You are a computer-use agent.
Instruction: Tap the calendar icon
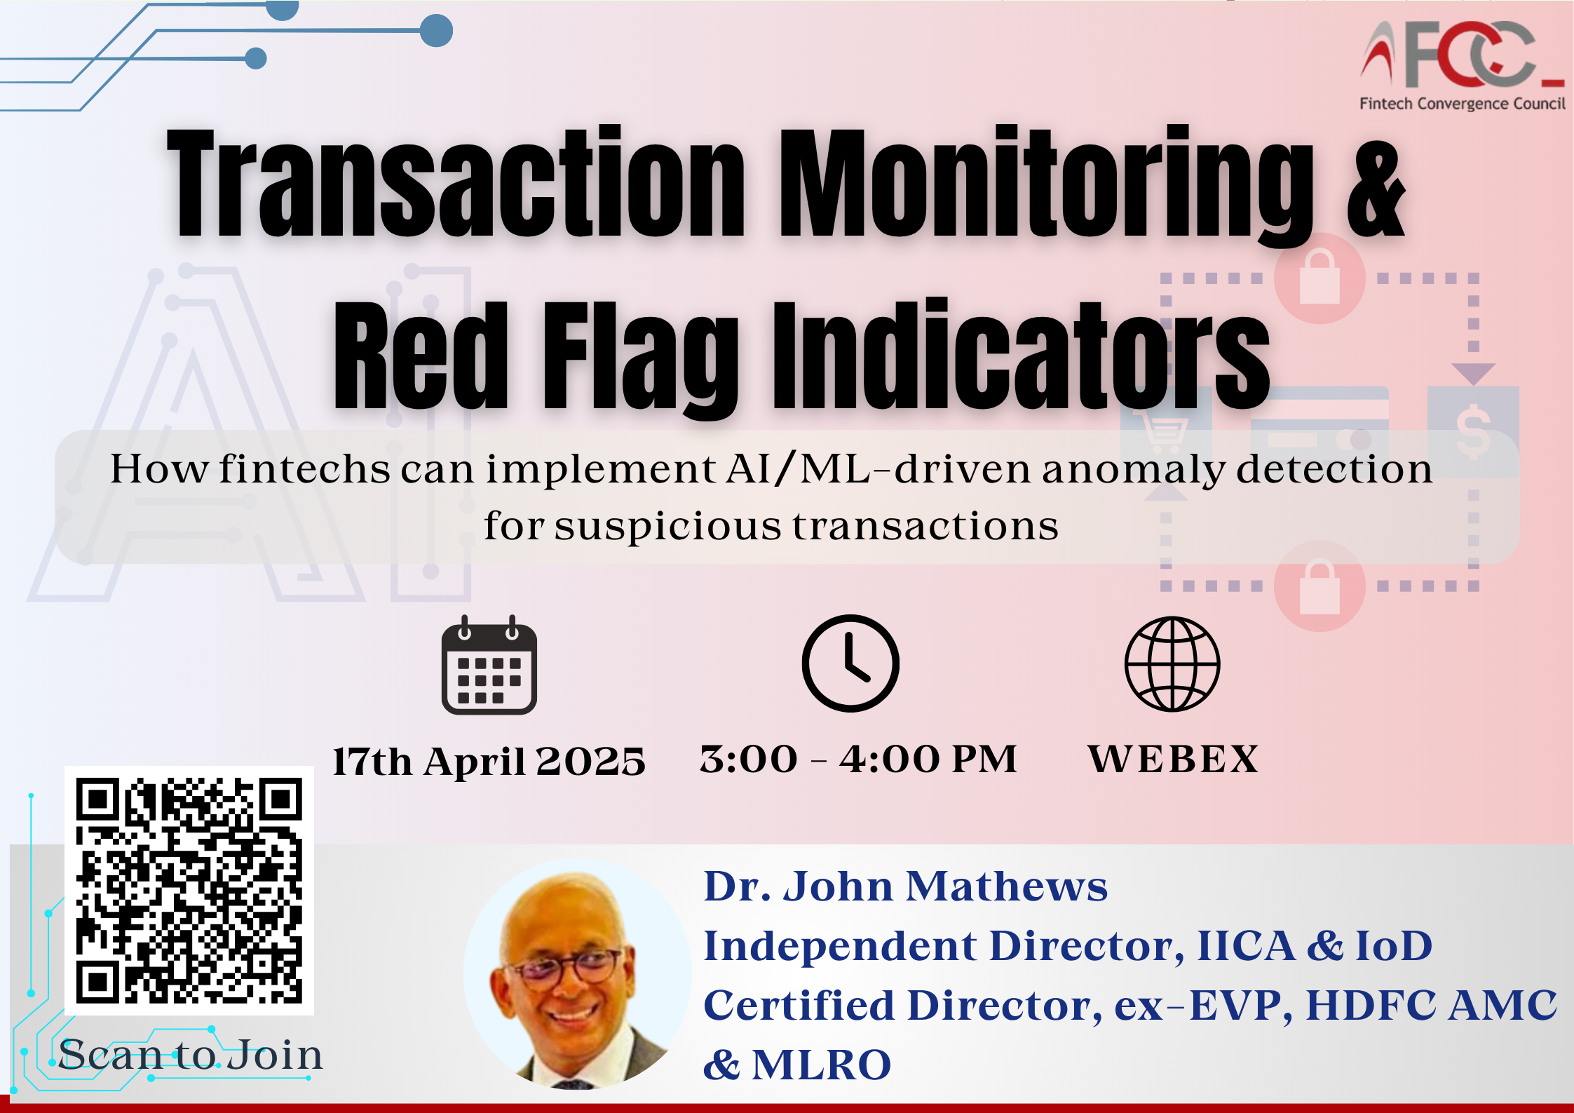[489, 665]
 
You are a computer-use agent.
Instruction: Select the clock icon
[850, 663]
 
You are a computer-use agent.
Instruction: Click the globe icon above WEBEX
[1172, 664]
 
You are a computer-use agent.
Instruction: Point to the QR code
[189, 891]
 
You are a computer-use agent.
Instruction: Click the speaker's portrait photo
[577, 974]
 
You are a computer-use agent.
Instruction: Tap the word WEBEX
[1173, 759]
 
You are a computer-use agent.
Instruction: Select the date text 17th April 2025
[489, 761]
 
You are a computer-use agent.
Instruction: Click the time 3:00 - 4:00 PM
[858, 759]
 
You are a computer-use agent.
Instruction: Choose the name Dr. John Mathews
[905, 886]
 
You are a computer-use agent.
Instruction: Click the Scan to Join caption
[191, 1054]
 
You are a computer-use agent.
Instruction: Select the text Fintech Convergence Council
[1463, 104]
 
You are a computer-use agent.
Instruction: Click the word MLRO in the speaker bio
[821, 1065]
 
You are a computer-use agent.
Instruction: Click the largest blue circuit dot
[436, 31]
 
